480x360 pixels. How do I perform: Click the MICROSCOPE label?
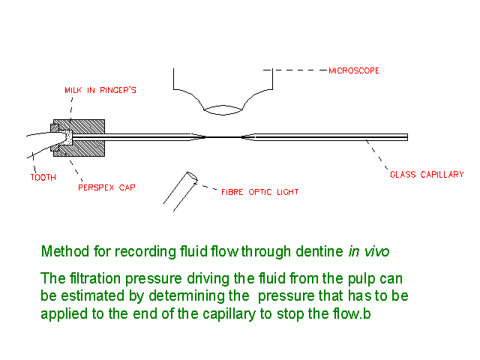pos(354,70)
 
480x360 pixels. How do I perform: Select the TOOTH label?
pos(43,178)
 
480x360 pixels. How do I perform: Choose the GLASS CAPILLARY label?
pos(426,175)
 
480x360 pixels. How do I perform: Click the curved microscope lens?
pos(222,110)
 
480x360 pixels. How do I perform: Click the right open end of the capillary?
pos(406,137)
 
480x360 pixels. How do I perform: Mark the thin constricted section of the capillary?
pos(223,137)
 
